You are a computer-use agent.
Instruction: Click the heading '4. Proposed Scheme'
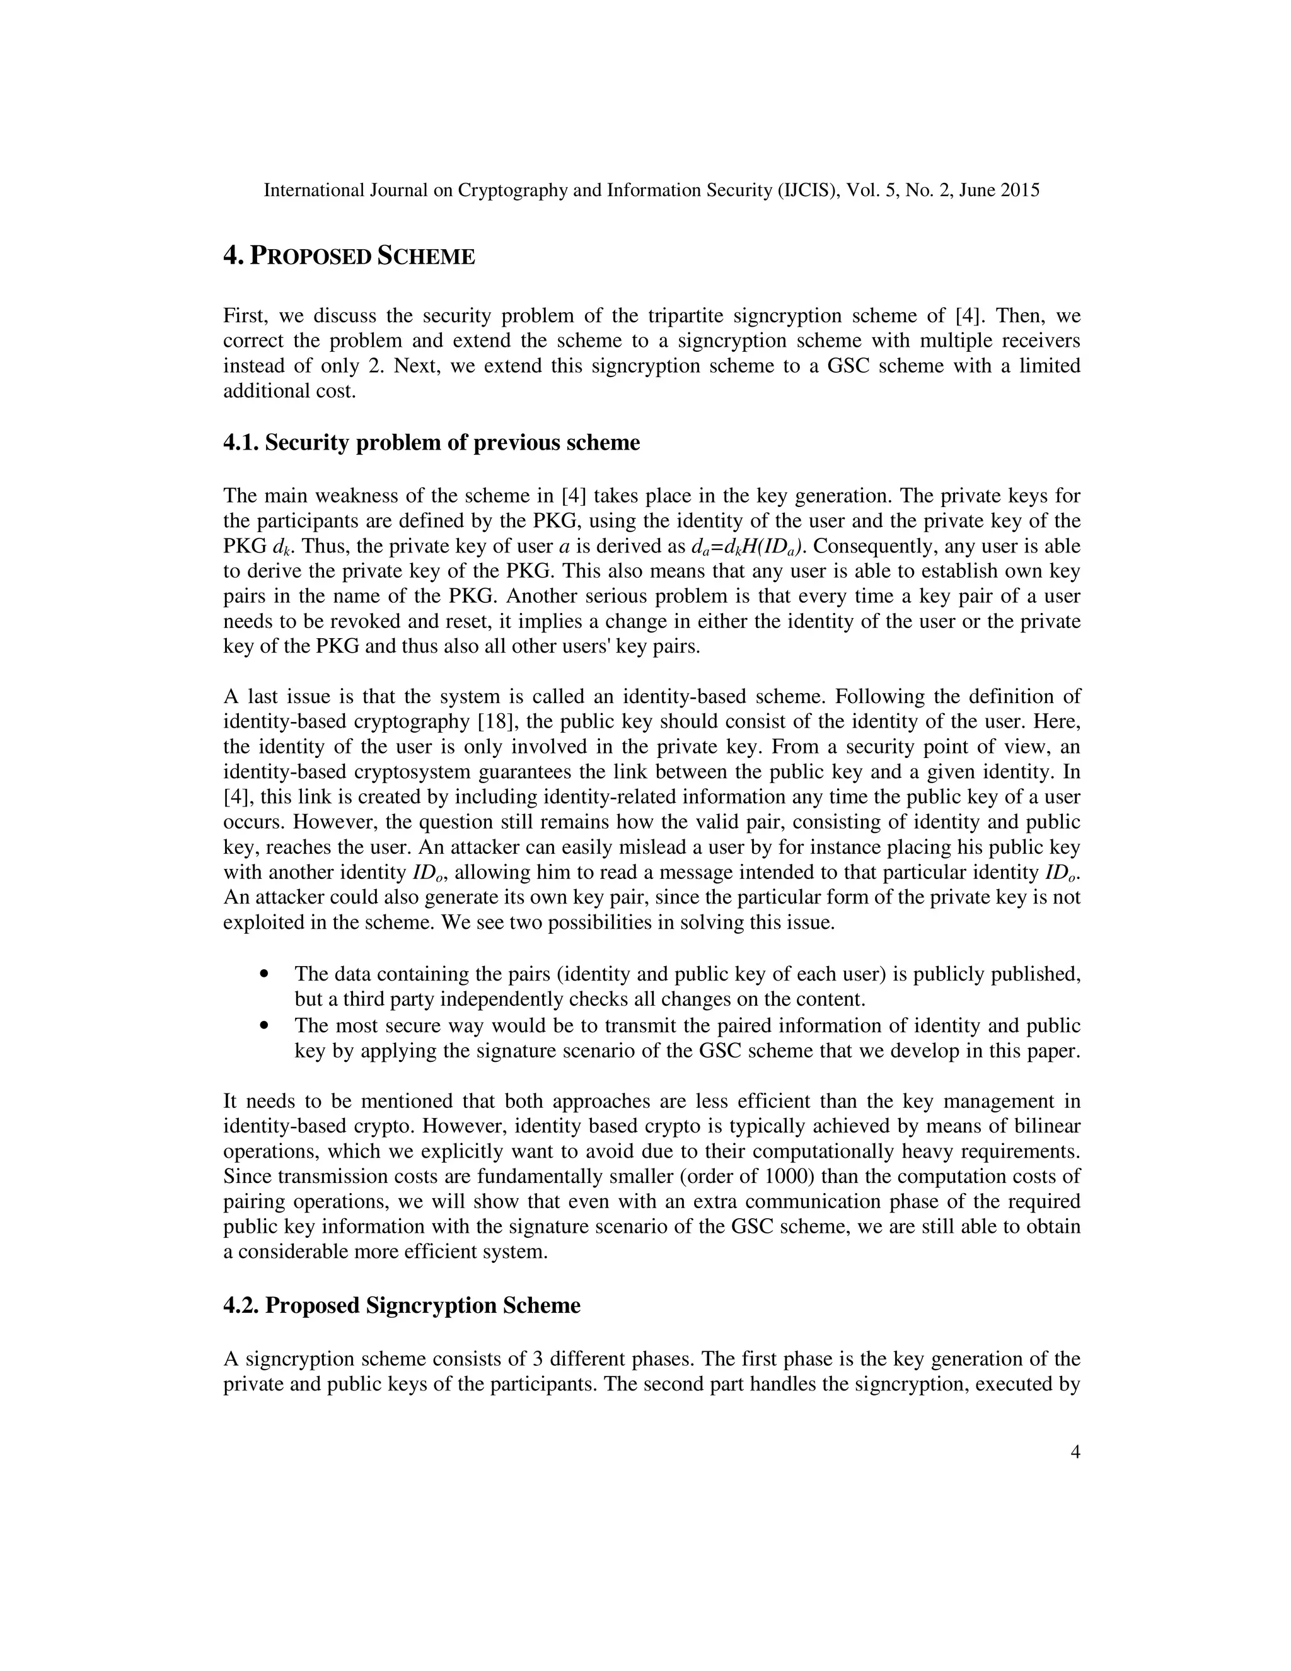coord(349,256)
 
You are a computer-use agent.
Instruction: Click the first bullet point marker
coord(265,975)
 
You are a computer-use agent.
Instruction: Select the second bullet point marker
coord(265,1025)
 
